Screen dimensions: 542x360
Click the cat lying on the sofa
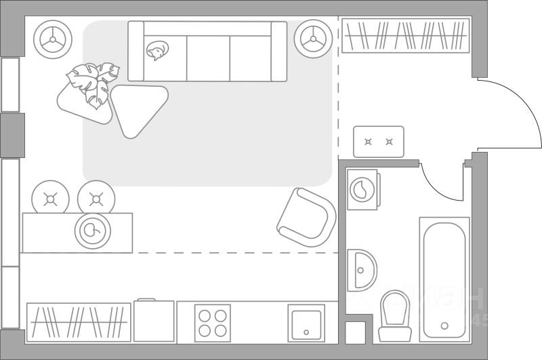pyautogui.click(x=158, y=51)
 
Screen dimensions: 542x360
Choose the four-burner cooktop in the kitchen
pyautogui.click(x=212, y=323)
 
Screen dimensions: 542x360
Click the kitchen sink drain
pyautogui.click(x=306, y=332)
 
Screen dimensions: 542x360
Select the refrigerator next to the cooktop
pyautogui.click(x=154, y=321)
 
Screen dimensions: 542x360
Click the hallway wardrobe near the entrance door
pyautogui.click(x=405, y=36)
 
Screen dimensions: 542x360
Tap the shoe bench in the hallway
pyautogui.click(x=378, y=142)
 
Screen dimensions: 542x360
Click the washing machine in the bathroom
pyautogui.click(x=362, y=188)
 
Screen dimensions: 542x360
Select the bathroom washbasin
pyautogui.click(x=361, y=270)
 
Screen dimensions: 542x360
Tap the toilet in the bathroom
pyautogui.click(x=394, y=315)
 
